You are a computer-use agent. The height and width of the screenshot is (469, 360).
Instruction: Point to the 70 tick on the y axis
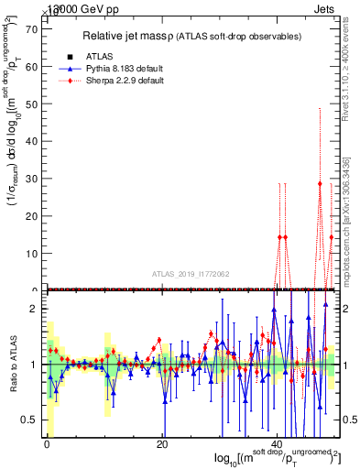[x=30, y=28]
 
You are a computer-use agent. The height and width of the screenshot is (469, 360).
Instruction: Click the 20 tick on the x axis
[x=162, y=444]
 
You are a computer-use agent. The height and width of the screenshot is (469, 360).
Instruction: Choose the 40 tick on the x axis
[x=278, y=444]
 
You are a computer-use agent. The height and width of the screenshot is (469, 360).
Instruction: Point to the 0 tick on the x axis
[x=46, y=444]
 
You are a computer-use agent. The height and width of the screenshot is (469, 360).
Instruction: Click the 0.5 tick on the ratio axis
[x=28, y=420]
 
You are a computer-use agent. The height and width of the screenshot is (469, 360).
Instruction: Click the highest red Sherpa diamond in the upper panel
[x=320, y=183]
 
